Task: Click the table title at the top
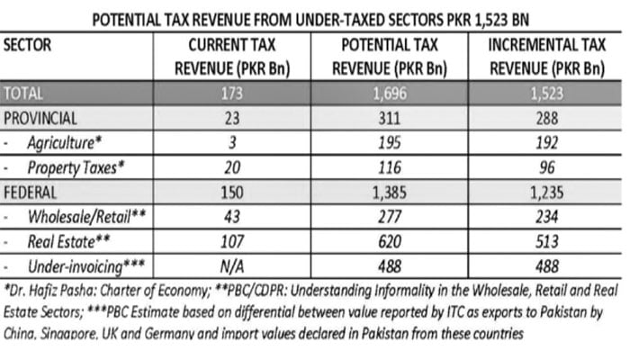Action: (x=314, y=15)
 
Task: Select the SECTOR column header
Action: (x=30, y=42)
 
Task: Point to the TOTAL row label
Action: (x=24, y=92)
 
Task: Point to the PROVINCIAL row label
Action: (x=40, y=117)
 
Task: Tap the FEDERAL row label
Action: (x=32, y=192)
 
